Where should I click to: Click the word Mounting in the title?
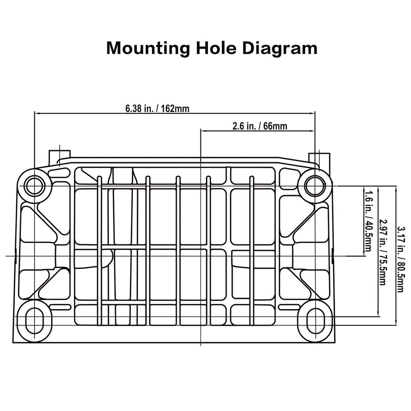(x=148, y=49)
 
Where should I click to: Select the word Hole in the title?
(x=216, y=48)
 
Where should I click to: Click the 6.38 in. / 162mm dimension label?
(x=157, y=108)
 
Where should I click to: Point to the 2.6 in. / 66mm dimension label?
(x=260, y=126)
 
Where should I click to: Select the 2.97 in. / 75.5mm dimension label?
(x=383, y=252)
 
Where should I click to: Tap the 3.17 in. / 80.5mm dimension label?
(x=401, y=259)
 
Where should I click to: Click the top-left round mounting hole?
(x=35, y=185)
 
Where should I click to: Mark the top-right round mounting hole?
(x=315, y=185)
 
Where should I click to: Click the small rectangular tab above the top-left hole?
(x=59, y=157)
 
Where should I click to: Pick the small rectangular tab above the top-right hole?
(x=319, y=160)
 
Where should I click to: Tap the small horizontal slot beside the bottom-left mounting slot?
(x=60, y=307)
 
